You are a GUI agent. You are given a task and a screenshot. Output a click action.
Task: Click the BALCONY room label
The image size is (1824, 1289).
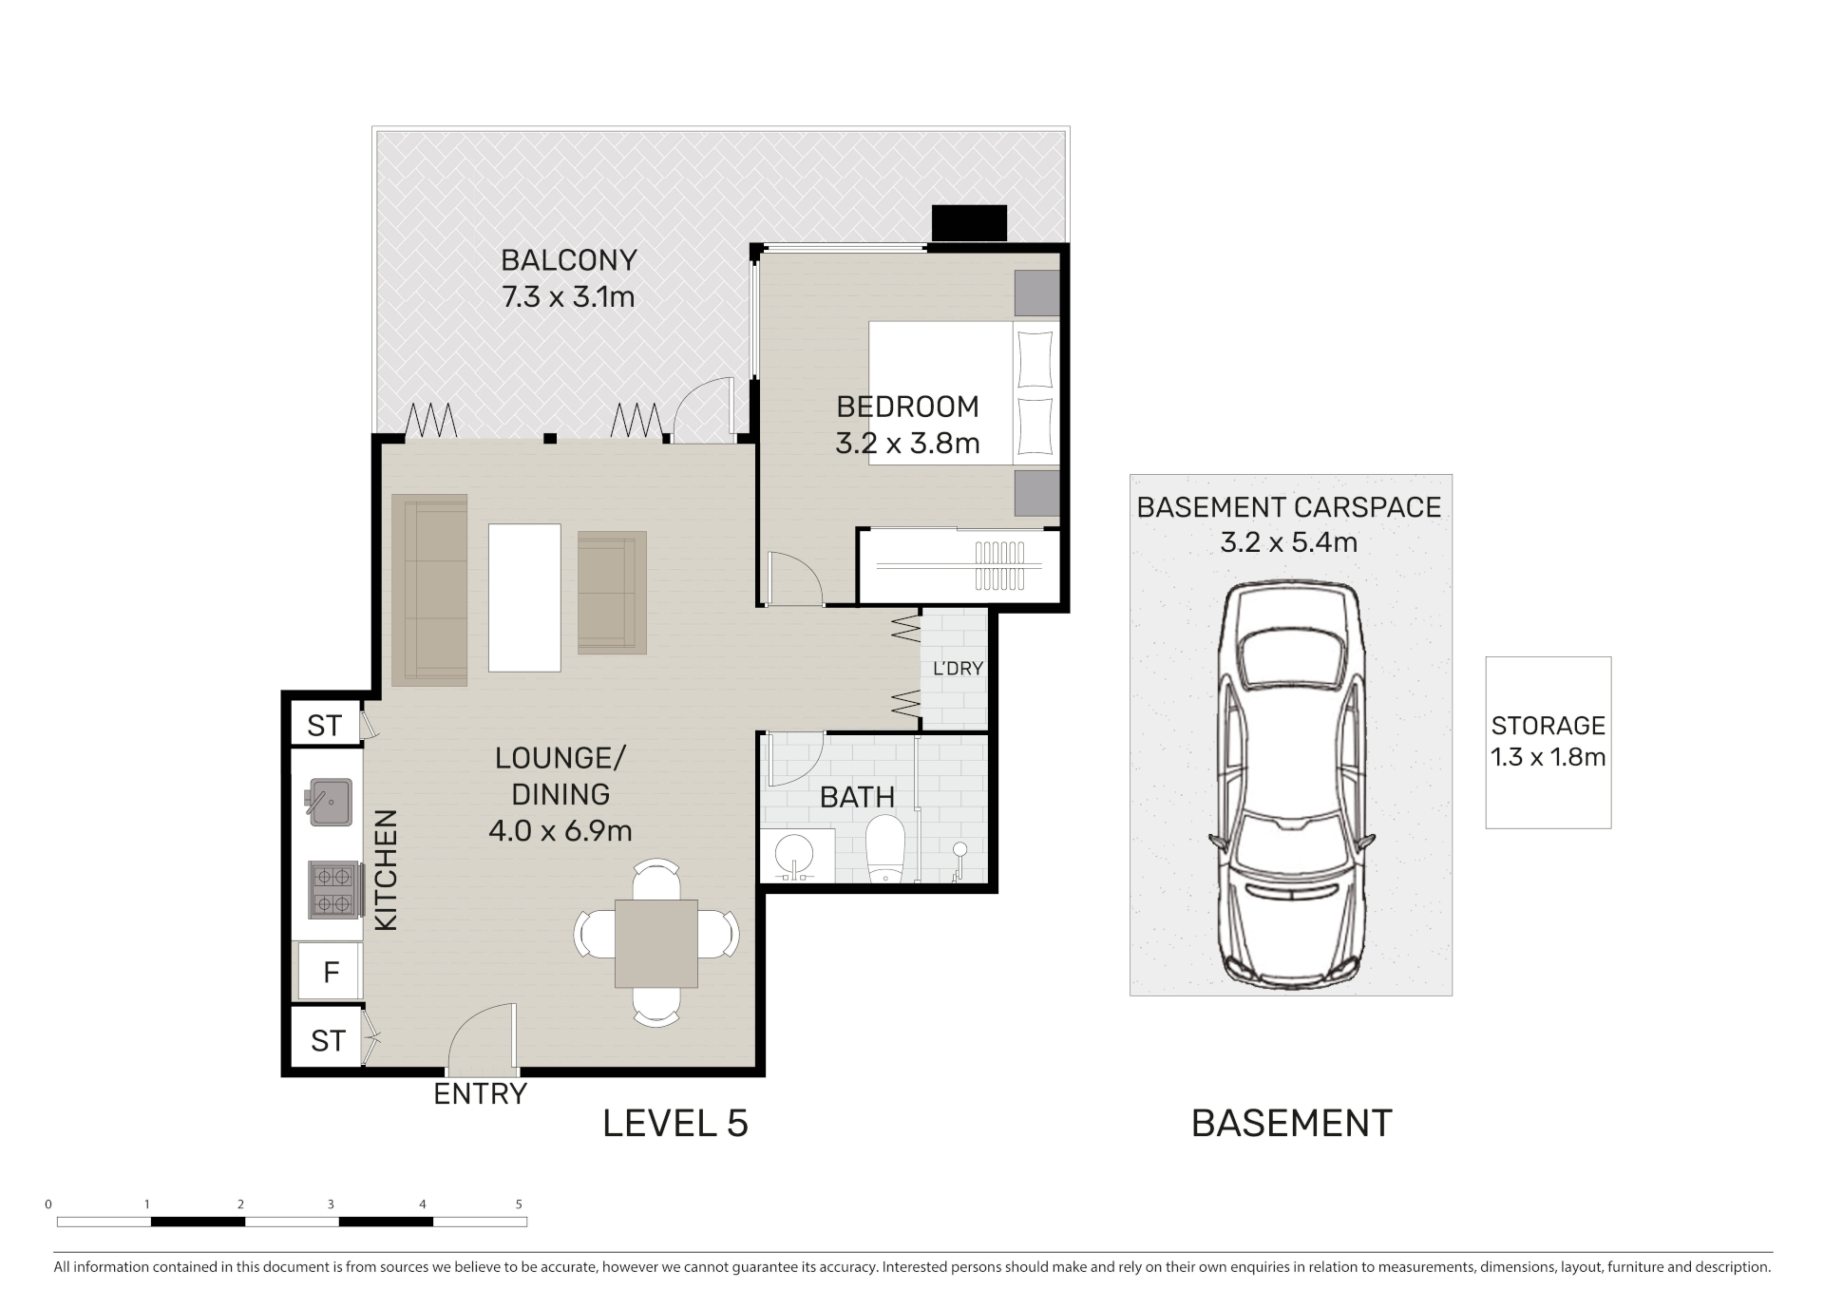[568, 260]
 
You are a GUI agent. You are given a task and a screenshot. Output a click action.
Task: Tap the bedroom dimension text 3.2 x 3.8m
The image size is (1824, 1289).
[907, 444]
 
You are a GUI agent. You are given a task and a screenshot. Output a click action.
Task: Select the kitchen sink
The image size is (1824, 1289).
[329, 802]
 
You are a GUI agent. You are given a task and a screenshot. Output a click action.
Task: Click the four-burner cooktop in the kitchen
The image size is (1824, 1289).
[333, 889]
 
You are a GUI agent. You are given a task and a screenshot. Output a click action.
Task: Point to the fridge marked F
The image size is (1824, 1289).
[331, 972]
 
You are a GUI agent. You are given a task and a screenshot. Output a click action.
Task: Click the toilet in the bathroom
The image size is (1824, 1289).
[884, 848]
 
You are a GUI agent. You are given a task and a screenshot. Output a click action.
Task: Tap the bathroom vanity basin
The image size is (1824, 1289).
[797, 856]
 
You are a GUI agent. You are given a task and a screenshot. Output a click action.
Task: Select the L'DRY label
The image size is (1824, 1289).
[958, 669]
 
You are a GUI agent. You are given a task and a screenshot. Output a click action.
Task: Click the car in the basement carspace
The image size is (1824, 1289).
[1291, 787]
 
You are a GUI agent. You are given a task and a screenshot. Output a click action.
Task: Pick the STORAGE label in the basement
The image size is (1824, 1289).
[1548, 726]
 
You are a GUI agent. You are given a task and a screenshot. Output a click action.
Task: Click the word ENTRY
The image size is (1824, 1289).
[480, 1094]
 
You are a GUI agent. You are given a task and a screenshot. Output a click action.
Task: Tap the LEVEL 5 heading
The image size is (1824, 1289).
[675, 1124]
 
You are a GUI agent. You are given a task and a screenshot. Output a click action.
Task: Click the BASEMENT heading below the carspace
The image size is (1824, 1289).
[1291, 1124]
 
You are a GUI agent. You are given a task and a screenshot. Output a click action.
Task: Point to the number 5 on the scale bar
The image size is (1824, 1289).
[519, 1204]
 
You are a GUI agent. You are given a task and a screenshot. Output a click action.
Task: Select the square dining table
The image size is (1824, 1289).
[656, 943]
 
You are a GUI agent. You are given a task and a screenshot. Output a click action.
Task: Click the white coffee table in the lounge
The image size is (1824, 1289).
[524, 597]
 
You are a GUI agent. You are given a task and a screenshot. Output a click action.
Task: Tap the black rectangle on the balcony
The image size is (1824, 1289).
[969, 223]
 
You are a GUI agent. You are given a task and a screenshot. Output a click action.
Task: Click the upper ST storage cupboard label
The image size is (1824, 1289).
[324, 726]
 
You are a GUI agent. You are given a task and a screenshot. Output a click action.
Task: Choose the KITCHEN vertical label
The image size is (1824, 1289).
[386, 870]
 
